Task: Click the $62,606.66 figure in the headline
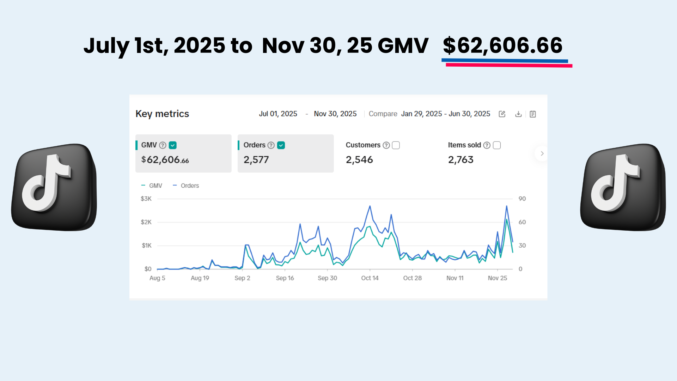coord(502,46)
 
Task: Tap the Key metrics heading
coord(162,114)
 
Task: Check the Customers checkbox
coord(396,145)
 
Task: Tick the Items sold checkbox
coord(497,145)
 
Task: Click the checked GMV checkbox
coord(173,145)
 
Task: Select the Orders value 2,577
coord(256,160)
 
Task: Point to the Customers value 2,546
coord(359,160)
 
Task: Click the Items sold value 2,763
coord(461,160)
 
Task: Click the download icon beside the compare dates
coord(518,114)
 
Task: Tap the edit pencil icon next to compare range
coord(502,114)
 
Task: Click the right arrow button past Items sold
coord(542,153)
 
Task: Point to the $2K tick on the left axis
coord(146,222)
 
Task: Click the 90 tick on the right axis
coord(522,199)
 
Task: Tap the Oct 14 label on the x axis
coord(370,278)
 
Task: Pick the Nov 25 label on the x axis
coord(497,278)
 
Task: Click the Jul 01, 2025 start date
coord(278,114)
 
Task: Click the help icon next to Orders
coord(271,145)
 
